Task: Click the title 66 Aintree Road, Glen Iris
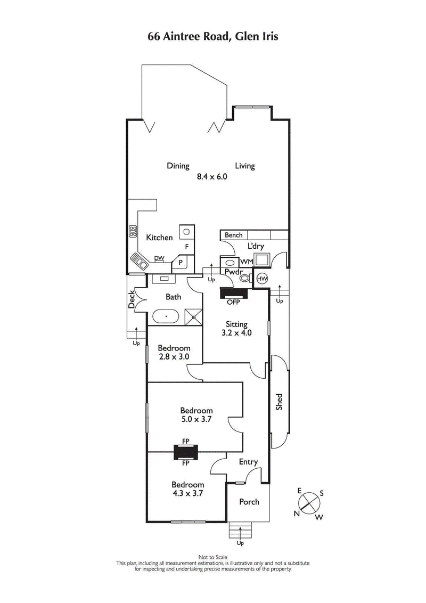213,37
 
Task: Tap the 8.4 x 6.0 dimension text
211,177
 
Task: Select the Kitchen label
160,238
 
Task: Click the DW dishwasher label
159,258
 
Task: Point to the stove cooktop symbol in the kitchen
133,231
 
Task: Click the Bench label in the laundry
233,235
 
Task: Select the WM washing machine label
246,262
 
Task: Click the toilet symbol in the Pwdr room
244,277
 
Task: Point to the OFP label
233,302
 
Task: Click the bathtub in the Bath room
167,317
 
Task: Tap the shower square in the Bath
194,316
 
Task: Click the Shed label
279,402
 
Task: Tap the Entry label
248,462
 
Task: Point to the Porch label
249,502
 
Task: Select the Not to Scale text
213,557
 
